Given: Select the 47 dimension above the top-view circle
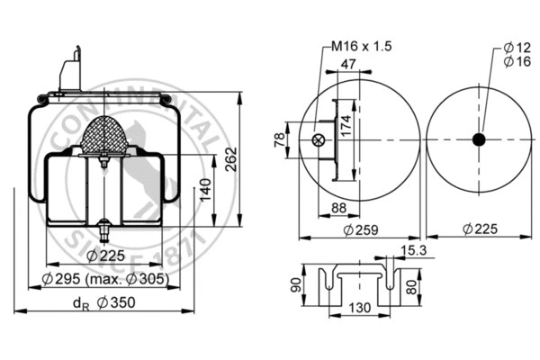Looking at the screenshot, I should [347, 65].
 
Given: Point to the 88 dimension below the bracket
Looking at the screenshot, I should [339, 209].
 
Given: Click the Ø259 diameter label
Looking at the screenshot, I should [360, 229].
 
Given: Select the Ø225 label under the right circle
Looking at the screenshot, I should [479, 229].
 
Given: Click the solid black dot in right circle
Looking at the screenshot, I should [479, 139].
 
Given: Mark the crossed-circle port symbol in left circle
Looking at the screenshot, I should [318, 139].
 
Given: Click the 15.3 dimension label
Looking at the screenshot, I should [415, 249].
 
